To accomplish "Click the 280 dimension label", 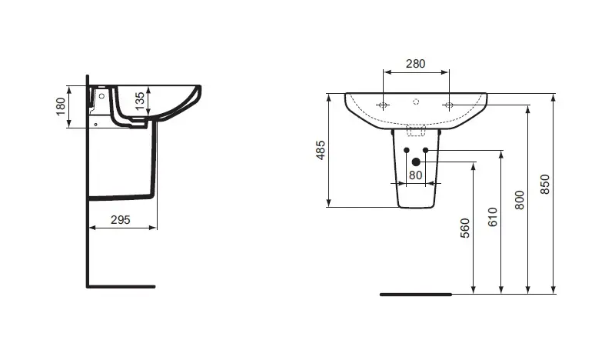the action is pos(415,64).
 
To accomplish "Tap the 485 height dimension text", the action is pos(321,150).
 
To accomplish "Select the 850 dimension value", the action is pos(545,184).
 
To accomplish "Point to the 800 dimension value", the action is pos(520,200).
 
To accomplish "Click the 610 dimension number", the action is pos(493,217).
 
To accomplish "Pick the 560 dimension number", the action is pos(465,228).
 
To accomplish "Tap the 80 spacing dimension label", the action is pos(416,175).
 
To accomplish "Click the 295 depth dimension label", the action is pos(121,220).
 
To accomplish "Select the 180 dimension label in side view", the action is pos(61,106).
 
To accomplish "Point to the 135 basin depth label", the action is pos(140,102).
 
